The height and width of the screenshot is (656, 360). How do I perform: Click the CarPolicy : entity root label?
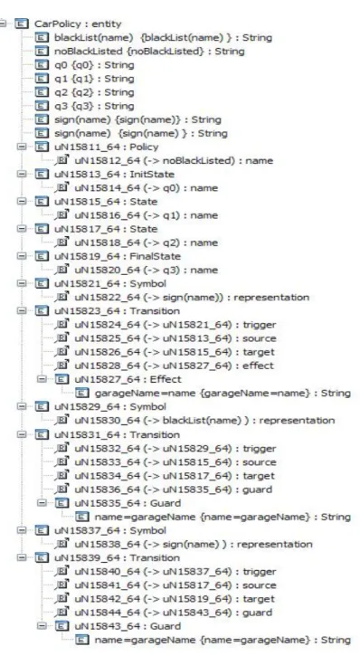point(78,24)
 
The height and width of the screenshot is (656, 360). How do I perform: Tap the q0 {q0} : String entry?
point(94,65)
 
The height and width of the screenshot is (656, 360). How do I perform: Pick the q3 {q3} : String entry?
point(94,106)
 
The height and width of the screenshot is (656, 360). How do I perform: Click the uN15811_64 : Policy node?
point(106,147)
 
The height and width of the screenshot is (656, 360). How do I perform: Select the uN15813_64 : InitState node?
point(114,175)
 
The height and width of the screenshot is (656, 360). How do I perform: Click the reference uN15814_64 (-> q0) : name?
point(146,188)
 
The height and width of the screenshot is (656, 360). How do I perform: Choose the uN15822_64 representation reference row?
point(192,298)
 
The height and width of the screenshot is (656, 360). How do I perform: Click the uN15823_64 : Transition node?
point(117,311)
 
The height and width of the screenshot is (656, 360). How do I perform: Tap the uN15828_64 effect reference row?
point(174,366)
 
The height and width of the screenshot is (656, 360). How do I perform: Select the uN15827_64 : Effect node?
point(128,379)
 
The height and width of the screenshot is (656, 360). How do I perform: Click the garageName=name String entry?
point(223,394)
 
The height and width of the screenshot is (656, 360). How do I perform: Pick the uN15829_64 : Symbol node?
point(110,406)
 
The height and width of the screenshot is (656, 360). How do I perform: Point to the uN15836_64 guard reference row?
point(173,490)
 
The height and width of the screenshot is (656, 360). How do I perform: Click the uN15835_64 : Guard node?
point(128,503)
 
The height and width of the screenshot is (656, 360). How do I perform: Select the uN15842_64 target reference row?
point(175,599)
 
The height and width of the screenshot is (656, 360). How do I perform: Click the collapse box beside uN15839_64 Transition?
point(22,557)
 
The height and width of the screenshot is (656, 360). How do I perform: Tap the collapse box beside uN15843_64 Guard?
point(42,626)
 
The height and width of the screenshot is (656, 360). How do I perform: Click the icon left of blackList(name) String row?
point(41,38)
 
